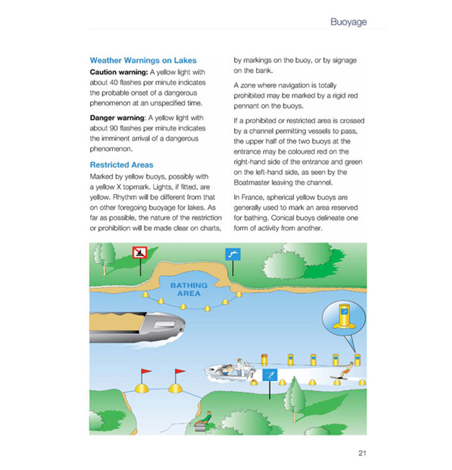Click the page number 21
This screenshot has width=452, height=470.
pos(362,453)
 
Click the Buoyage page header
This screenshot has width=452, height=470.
pos(348,22)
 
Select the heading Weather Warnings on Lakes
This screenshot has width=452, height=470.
pos(143,60)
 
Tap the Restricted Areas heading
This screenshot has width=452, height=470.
pos(122,165)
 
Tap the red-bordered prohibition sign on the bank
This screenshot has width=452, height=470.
pos(140,253)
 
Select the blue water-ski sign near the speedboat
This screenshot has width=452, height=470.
pos(270,375)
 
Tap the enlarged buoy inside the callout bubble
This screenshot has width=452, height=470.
pos(345,316)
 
